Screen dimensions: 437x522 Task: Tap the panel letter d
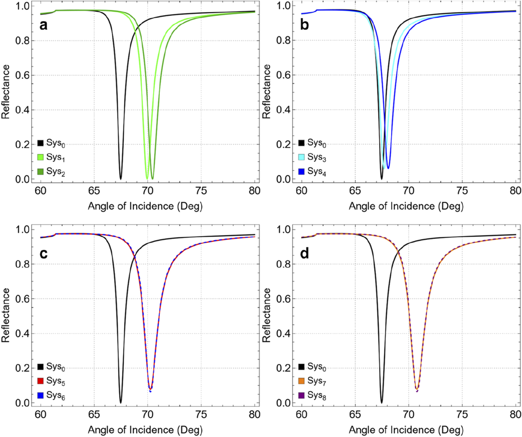(304, 254)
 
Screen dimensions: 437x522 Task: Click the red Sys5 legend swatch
(41, 381)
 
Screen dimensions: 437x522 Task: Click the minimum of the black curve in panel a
(120, 178)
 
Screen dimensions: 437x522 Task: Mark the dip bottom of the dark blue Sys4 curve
(388, 168)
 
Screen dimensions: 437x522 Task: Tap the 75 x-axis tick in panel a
(201, 191)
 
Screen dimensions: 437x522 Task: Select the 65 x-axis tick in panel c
(94, 415)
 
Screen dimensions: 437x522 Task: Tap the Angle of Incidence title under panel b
(406, 206)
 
